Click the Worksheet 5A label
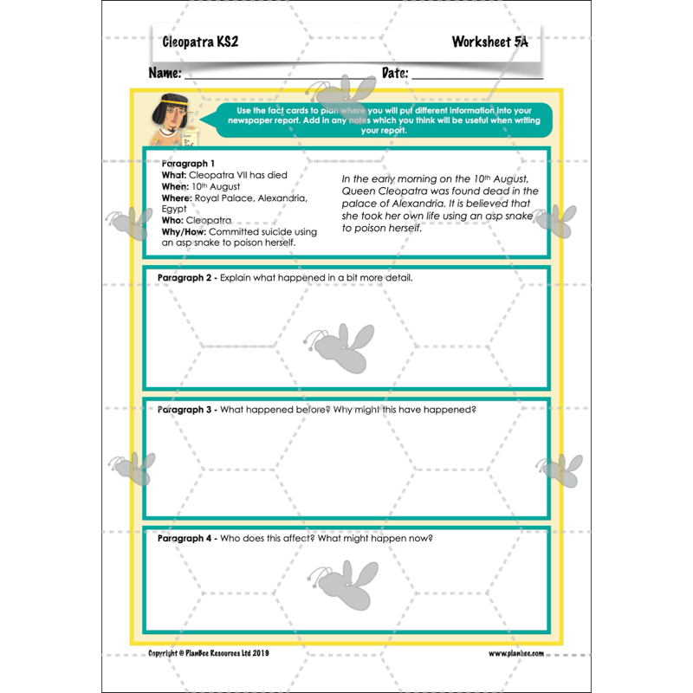489,42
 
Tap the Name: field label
165,73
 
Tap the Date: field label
395,73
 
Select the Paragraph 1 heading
188,163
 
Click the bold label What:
174,175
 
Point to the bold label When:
175,186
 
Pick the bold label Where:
177,198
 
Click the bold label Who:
172,220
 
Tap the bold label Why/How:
184,231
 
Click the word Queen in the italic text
357,191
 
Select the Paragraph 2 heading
185,278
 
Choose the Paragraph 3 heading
185,409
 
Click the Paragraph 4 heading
185,538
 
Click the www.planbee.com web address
516,653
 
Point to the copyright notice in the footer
208,653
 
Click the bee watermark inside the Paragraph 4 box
344,582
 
